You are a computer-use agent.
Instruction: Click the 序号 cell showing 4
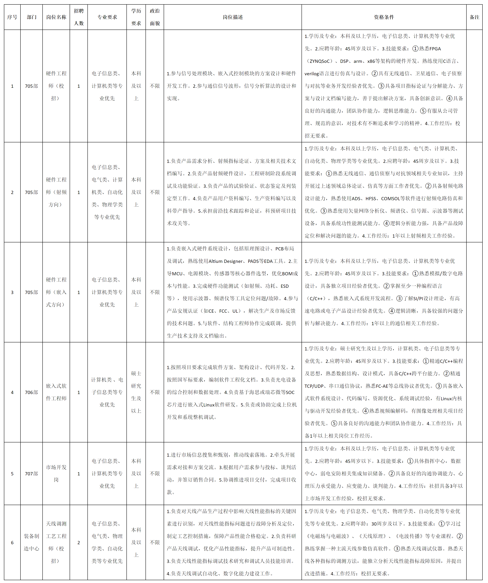pos(12,392)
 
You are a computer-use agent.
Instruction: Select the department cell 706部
pos(31,392)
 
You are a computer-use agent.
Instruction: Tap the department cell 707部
pos(31,474)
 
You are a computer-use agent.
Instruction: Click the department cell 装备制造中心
pos(31,542)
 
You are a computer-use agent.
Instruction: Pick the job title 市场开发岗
pos(56,474)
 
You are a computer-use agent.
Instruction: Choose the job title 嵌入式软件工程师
pos(56,392)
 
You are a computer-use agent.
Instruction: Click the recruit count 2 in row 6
pos(79,542)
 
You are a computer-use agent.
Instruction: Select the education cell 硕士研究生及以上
pos(136,392)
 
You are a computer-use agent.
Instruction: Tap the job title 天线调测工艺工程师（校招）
pos(56,542)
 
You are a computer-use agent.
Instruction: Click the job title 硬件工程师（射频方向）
pos(56,192)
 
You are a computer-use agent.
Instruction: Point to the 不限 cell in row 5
pos(155,474)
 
